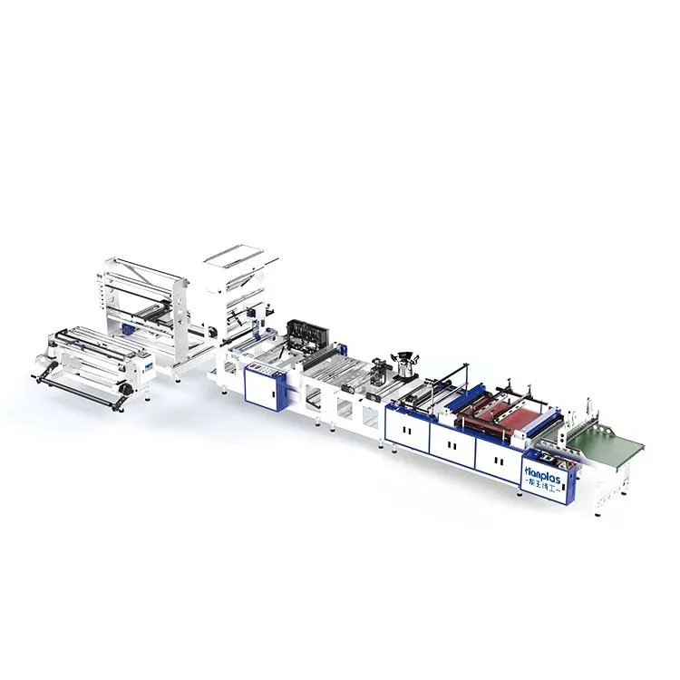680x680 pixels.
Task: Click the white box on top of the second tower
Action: click(234, 257)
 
